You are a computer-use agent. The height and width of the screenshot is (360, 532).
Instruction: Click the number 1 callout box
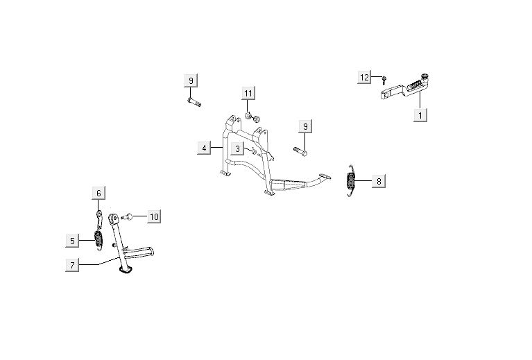[420, 115]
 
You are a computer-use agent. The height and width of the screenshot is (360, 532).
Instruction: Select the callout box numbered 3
[237, 148]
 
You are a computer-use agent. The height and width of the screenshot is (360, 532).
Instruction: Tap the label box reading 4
[204, 148]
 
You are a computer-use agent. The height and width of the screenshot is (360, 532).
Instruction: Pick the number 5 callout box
[72, 241]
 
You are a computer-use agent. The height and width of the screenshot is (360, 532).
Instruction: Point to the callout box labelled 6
[98, 193]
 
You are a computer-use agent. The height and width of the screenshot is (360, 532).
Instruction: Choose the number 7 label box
[72, 265]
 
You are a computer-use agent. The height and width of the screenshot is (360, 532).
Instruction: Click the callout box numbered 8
[379, 181]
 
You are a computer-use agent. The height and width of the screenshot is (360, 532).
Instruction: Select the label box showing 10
[154, 216]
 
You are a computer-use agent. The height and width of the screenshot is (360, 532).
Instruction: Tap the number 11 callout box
[248, 93]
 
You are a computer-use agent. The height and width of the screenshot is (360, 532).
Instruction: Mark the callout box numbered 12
[364, 78]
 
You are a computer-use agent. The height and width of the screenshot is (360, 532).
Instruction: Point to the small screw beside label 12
[384, 80]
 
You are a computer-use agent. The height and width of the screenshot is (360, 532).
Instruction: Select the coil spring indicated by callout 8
[350, 180]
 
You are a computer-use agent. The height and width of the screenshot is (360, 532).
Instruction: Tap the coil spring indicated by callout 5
[98, 239]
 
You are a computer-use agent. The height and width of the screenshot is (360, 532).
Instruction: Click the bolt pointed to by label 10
[127, 216]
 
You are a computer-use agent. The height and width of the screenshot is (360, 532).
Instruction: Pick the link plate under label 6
[99, 219]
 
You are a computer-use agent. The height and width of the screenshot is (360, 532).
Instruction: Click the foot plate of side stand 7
[125, 270]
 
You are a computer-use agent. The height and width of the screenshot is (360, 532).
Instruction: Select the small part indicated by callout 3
[254, 151]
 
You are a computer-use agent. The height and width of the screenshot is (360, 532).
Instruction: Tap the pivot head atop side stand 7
[113, 218]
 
